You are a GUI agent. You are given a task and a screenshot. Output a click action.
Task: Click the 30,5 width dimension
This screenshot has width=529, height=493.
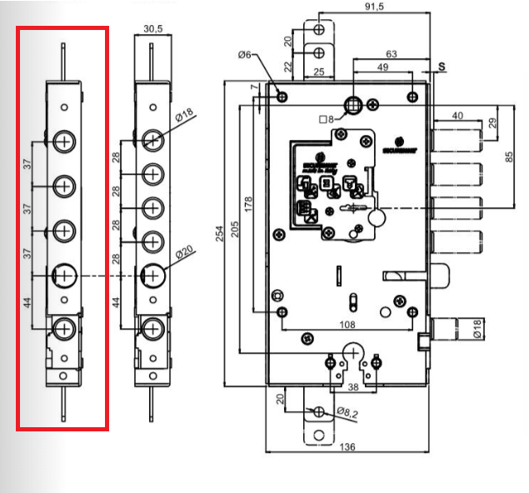pyautogui.click(x=152, y=28)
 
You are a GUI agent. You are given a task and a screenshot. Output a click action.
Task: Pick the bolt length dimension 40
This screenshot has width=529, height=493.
pyautogui.click(x=457, y=116)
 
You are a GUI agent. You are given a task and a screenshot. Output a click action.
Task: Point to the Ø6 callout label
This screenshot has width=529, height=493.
pyautogui.click(x=244, y=55)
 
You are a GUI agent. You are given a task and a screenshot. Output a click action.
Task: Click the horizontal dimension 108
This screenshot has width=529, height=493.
pyautogui.click(x=348, y=325)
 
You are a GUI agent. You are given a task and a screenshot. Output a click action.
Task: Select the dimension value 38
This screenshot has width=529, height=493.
pyautogui.click(x=353, y=388)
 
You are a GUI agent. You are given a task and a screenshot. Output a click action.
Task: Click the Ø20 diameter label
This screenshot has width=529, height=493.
pyautogui.click(x=184, y=251)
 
